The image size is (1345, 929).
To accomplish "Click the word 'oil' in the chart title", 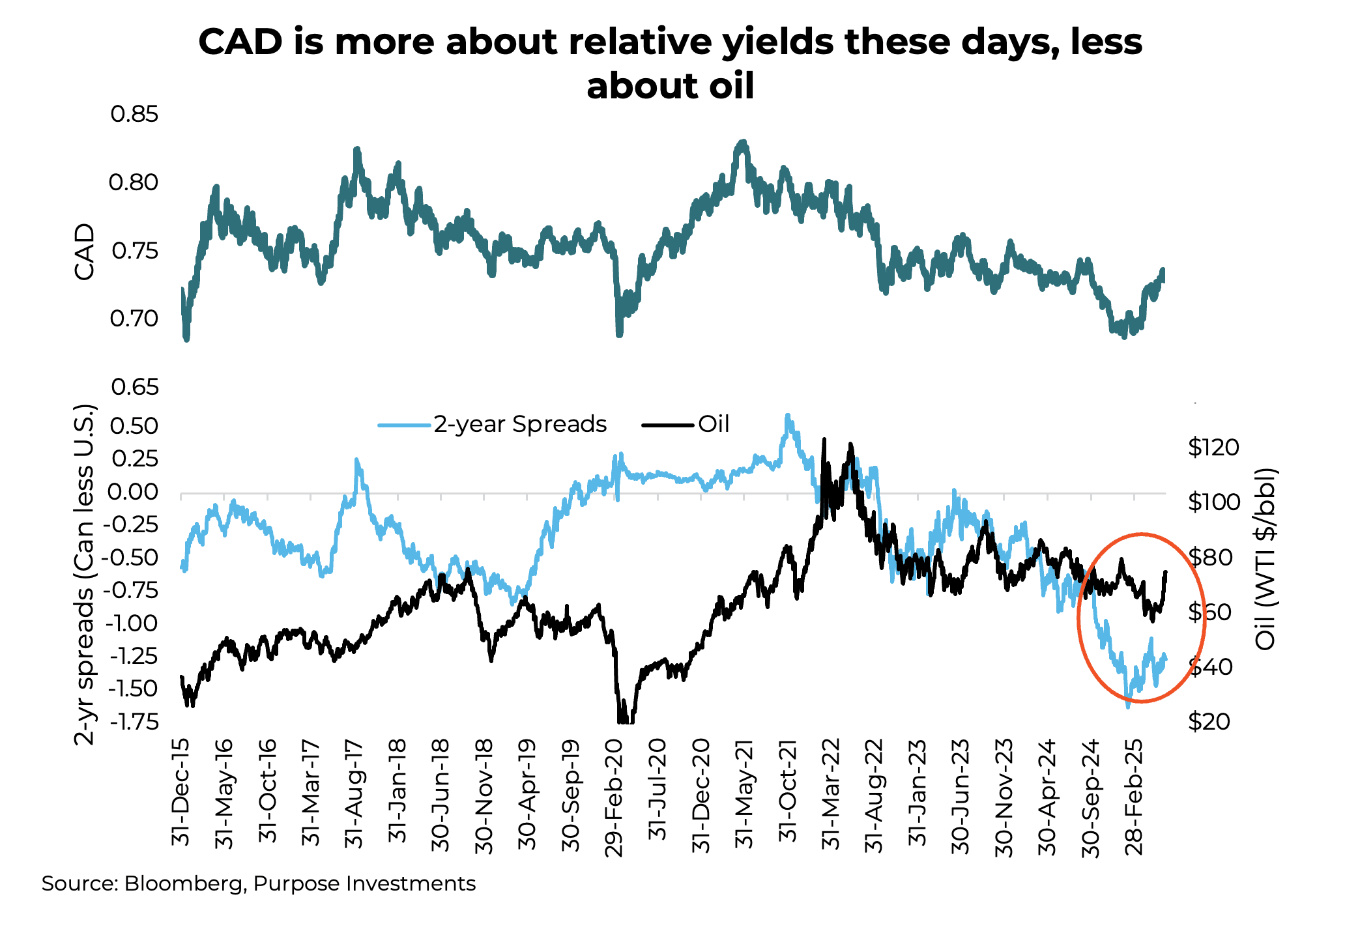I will tap(731, 87).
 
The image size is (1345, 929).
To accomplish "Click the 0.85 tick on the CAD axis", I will tap(134, 115).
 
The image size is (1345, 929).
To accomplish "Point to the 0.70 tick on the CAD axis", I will tap(134, 319).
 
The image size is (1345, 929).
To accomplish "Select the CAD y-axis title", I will tap(85, 252).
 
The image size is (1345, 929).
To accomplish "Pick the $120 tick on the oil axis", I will tap(1213, 448).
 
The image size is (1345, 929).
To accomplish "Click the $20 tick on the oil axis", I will tap(1209, 722).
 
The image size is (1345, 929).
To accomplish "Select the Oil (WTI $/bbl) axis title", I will tap(1265, 559).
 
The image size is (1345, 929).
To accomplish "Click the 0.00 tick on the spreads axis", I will tap(134, 493).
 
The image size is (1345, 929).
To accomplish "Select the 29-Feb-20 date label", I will tap(614, 797).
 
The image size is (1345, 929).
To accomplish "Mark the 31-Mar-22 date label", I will tap(831, 794).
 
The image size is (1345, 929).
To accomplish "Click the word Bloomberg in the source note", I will tap(185, 884).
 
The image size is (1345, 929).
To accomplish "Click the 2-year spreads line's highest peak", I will tap(788, 416).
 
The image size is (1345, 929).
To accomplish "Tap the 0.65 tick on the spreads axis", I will tap(134, 388).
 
